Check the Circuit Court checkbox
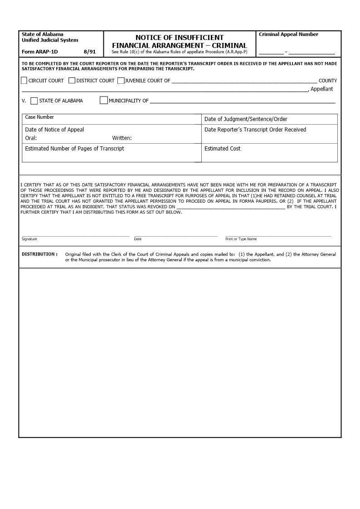[x=24, y=81]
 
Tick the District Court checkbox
[x=72, y=81]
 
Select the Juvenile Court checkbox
[x=121, y=81]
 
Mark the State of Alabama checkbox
[x=34, y=101]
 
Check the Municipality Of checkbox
[x=104, y=100]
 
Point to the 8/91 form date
[x=90, y=52]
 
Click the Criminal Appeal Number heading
[x=288, y=34]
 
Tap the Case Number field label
[x=39, y=117]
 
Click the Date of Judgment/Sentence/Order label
[x=246, y=119]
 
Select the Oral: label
[x=31, y=138]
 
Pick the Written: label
[x=122, y=138]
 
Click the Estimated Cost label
[x=222, y=149]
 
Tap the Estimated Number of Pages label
[x=74, y=149]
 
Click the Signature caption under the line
[x=29, y=239]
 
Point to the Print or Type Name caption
[x=241, y=239]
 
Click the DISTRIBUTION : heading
[x=39, y=254]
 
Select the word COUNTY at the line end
[x=328, y=81]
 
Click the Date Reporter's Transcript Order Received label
[x=255, y=130]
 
